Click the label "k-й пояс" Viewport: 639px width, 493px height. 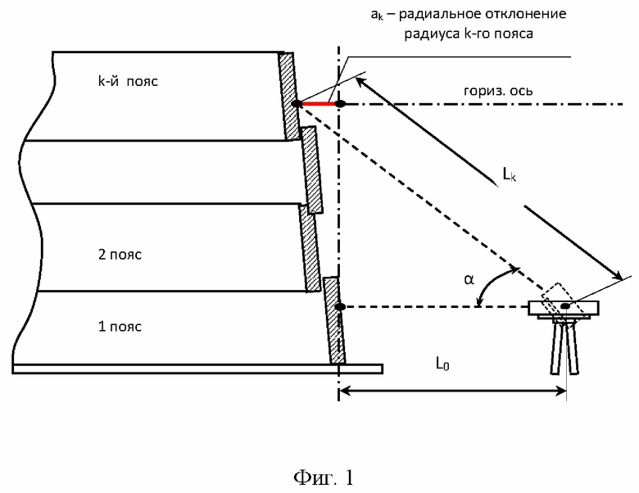click(x=128, y=81)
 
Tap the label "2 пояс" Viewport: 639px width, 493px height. click(x=120, y=255)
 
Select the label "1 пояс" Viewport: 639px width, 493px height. click(x=120, y=327)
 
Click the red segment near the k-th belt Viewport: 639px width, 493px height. click(x=319, y=104)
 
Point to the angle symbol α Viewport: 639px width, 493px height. click(x=469, y=279)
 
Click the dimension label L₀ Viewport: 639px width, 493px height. click(x=442, y=363)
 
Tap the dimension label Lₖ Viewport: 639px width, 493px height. click(x=510, y=174)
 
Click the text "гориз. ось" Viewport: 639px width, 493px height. click(x=498, y=90)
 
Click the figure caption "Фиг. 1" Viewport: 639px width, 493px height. click(x=323, y=477)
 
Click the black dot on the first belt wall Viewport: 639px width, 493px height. click(x=340, y=306)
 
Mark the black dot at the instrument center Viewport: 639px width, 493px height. click(x=565, y=305)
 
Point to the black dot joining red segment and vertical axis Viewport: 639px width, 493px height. click(x=340, y=104)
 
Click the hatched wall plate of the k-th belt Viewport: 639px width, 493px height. click(x=288, y=97)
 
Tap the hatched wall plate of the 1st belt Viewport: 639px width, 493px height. click(x=334, y=320)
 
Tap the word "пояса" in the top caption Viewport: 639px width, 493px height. click(x=514, y=34)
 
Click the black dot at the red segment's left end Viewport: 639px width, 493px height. click(x=297, y=104)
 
